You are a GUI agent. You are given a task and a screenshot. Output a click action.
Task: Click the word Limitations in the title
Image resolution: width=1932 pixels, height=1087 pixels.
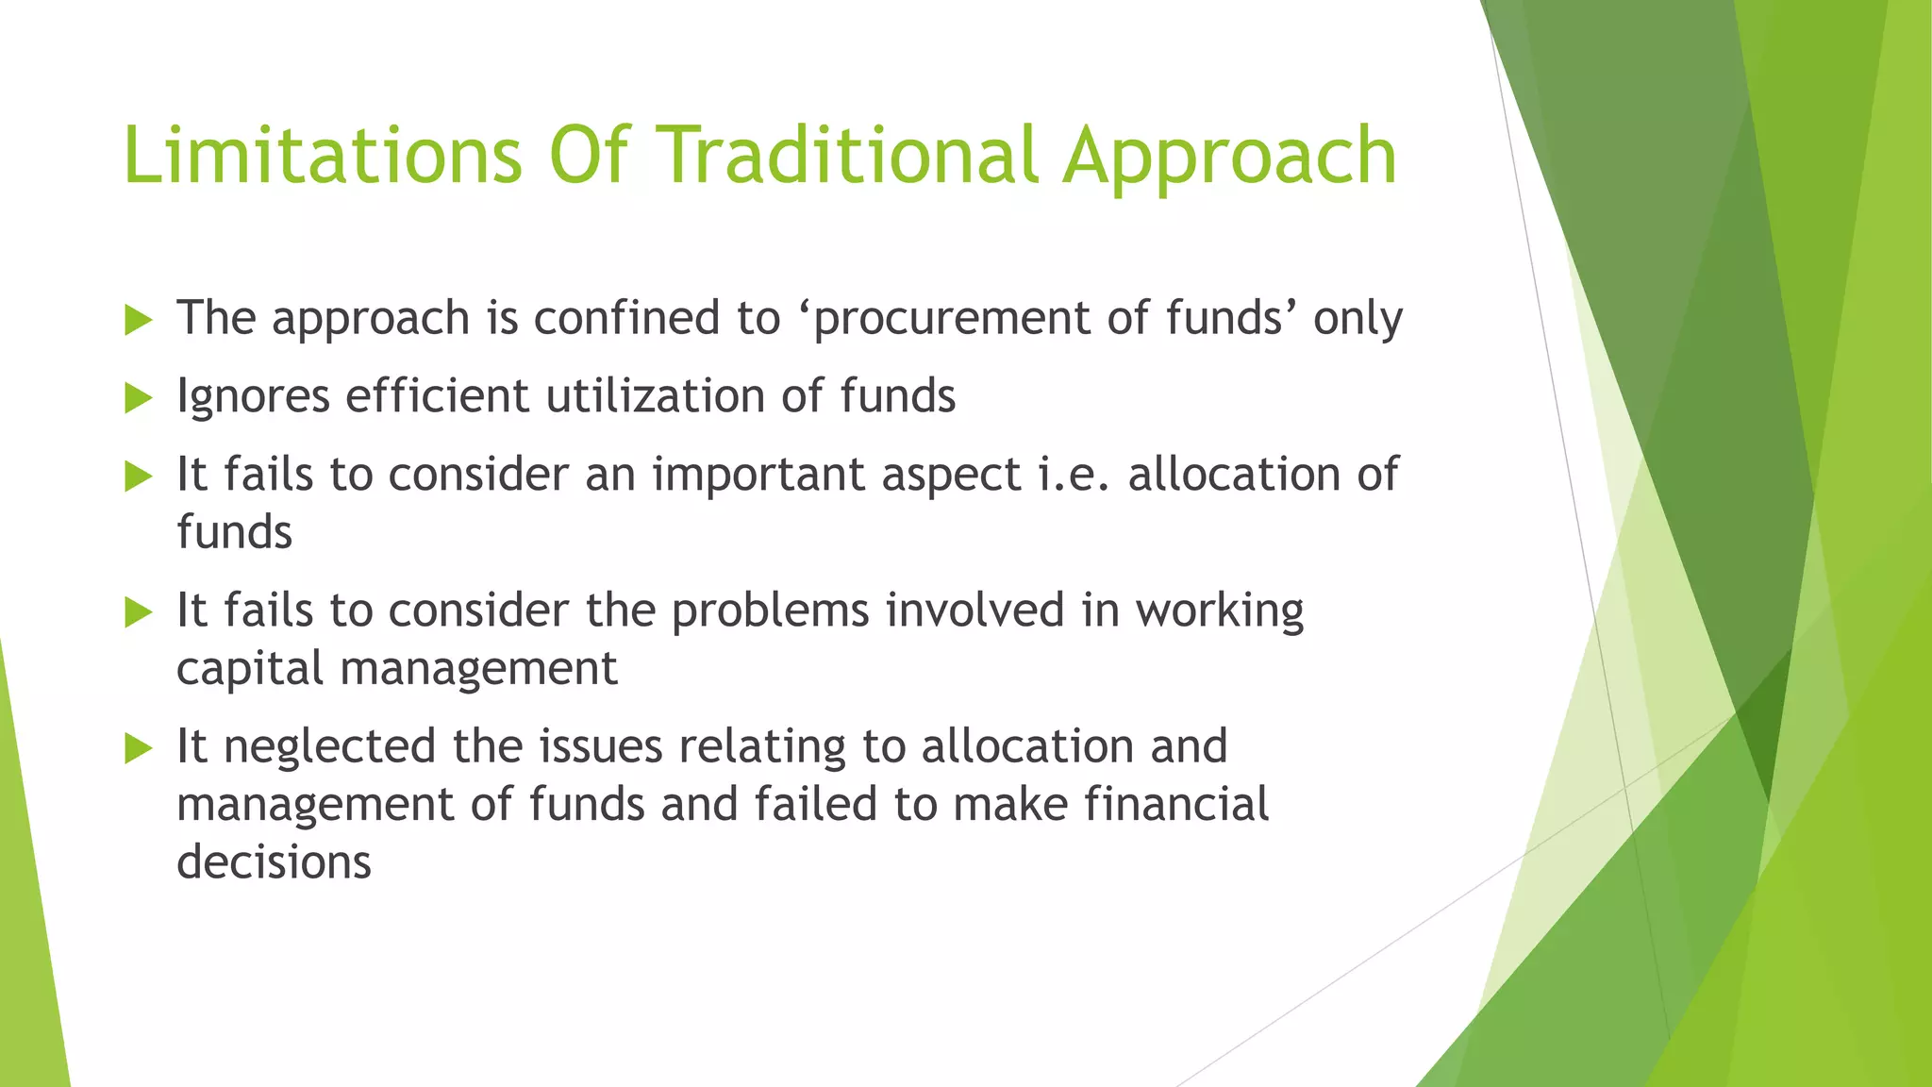point(322,155)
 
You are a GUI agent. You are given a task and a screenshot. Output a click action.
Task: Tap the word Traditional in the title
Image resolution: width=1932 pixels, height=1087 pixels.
point(845,155)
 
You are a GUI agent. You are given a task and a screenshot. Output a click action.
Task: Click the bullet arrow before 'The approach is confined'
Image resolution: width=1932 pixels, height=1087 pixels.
point(138,320)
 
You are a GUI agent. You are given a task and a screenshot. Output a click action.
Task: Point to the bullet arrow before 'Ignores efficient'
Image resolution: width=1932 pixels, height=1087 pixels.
point(138,397)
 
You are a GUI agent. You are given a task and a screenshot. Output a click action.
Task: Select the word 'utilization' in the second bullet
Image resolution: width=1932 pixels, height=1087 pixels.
point(655,395)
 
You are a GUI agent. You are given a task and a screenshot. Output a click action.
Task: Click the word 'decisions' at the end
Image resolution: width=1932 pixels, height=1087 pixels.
point(274,862)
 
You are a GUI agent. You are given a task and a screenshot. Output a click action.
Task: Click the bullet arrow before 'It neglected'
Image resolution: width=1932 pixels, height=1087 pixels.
point(138,749)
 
